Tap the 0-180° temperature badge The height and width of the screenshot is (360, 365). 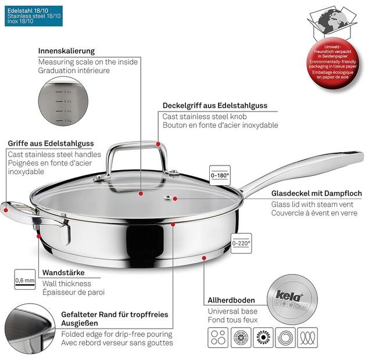pyautogui.click(x=219, y=174)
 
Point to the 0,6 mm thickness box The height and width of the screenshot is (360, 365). pyautogui.click(x=20, y=280)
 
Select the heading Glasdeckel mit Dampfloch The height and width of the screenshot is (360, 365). pyautogui.click(x=316, y=194)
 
